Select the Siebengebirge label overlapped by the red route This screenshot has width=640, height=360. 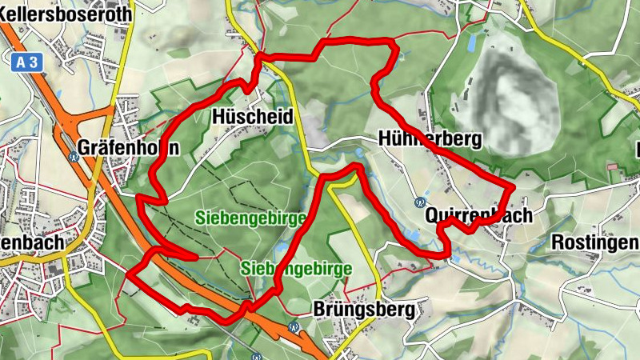click(x=296, y=269)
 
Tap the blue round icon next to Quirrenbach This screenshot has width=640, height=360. click(x=420, y=202)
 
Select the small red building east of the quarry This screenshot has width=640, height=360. click(x=614, y=166)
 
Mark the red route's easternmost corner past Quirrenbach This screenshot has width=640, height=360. click(x=512, y=186)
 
